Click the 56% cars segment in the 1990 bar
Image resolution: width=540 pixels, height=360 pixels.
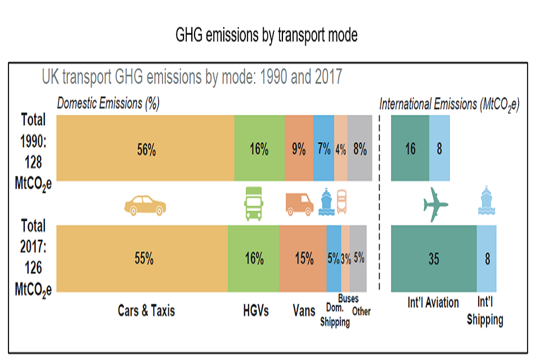pos(146,148)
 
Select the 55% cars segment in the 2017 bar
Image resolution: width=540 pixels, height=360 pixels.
pos(143,259)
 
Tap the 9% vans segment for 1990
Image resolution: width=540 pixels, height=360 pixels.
pos(299,148)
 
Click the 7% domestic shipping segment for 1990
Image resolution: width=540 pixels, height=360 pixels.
pos(323,148)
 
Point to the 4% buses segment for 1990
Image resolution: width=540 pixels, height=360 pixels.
pos(341,148)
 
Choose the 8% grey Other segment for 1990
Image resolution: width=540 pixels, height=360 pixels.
pos(360,148)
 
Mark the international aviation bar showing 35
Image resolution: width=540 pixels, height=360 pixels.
pos(433,259)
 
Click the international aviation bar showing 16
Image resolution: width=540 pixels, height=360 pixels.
pos(410,148)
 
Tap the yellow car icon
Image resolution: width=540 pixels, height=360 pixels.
pos(145,206)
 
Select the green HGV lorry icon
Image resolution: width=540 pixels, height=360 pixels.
pos(254,203)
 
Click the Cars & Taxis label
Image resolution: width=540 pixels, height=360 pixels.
pos(146,310)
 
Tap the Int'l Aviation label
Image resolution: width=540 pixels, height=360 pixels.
pos(433,303)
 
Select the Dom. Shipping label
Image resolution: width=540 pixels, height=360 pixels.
pos(335,314)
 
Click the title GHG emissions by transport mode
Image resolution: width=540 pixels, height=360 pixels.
pos(267,35)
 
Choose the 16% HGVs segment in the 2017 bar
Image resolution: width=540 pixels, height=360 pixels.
pos(254,259)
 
